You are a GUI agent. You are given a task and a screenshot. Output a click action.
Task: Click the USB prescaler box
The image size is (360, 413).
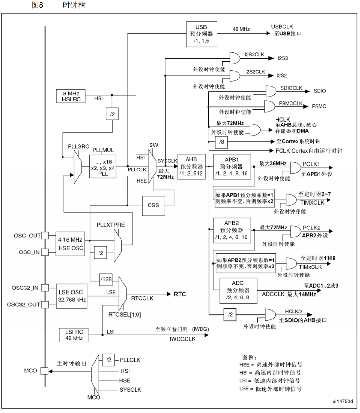click(201, 34)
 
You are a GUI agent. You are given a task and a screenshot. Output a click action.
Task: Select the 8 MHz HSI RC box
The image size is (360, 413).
click(71, 96)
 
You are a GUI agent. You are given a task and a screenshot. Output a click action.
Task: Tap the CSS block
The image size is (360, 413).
click(153, 205)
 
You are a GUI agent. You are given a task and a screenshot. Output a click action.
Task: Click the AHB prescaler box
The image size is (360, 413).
click(191, 166)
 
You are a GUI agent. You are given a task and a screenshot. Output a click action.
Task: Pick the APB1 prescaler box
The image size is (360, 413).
click(232, 167)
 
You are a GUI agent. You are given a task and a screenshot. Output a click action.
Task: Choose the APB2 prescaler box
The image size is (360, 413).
click(232, 230)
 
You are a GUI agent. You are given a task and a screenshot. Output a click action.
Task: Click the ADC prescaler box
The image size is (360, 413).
click(238, 290)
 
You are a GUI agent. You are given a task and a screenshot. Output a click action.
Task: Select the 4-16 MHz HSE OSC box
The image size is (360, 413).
click(70, 244)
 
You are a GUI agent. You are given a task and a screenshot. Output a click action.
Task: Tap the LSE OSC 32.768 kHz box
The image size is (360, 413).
click(71, 296)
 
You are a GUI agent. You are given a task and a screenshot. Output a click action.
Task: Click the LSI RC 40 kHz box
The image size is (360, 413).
click(74, 335)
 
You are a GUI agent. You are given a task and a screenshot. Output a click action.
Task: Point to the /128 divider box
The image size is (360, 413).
click(106, 279)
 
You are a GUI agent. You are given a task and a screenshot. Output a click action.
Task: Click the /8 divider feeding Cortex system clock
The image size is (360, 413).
click(222, 142)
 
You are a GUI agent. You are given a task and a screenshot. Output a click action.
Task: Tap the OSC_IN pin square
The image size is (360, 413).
click(45, 252)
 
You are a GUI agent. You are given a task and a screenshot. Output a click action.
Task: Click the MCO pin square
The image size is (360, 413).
click(45, 371)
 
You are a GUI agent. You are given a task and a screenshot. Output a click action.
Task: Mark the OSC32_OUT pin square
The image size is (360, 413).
click(45, 304)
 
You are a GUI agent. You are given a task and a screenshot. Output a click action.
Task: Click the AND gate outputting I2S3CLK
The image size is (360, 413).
click(235, 58)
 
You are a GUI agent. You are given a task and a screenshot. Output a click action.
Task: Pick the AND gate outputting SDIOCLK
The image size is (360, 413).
click(271, 91)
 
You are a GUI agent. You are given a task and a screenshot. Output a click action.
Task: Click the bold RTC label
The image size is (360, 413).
click(180, 294)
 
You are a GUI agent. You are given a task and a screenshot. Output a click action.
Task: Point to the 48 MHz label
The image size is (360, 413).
click(241, 29)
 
